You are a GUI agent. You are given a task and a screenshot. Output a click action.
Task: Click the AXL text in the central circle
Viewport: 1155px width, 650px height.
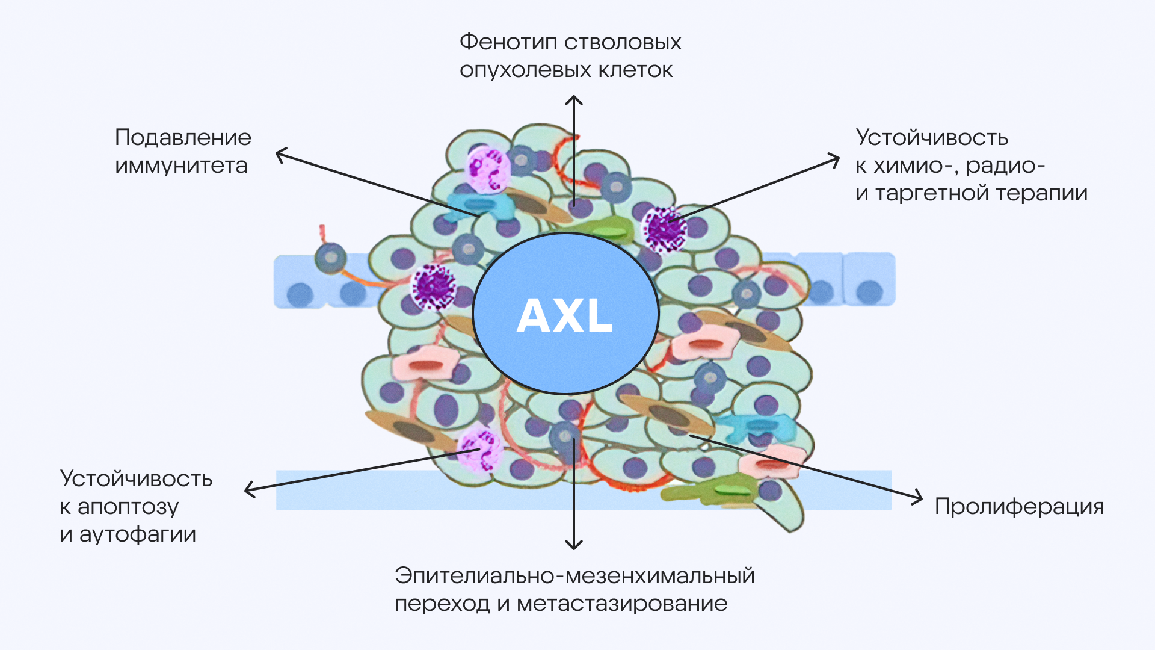tap(565, 315)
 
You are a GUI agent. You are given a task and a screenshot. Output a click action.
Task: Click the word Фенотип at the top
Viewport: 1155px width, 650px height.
tap(507, 43)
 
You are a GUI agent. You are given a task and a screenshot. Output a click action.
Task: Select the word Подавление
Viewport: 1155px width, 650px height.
tap(183, 138)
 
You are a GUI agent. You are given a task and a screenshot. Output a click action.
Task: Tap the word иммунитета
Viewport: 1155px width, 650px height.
tap(181, 166)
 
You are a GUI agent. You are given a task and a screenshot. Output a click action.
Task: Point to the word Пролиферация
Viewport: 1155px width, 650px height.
tap(1019, 507)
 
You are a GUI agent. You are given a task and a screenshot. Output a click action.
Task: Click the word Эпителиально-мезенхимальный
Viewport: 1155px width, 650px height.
tap(574, 576)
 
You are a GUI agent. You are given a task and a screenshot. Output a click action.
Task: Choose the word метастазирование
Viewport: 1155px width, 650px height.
tap(622, 604)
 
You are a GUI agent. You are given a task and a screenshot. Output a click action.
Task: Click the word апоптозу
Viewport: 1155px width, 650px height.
tap(128, 507)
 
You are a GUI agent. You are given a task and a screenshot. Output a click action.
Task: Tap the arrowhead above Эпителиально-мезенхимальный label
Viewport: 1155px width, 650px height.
tap(574, 546)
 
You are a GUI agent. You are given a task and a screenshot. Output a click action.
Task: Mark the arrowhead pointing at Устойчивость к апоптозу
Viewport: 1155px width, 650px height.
tap(249, 490)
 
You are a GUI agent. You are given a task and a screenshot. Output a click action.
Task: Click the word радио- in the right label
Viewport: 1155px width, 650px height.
tap(1005, 166)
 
